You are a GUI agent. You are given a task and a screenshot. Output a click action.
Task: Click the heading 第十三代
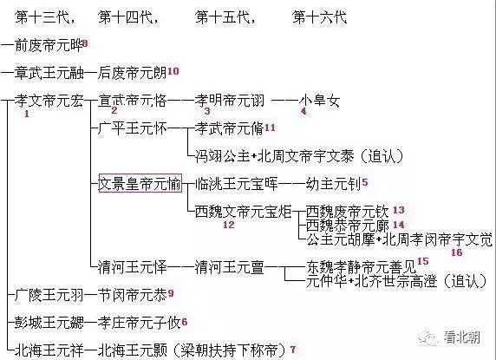pyautogui.click(x=42, y=17)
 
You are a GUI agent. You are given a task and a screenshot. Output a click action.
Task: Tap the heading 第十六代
pyautogui.click(x=319, y=17)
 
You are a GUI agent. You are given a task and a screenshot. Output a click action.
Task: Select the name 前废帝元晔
pyautogui.click(x=49, y=45)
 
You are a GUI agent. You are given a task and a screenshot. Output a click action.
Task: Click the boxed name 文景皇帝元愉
pyautogui.click(x=140, y=183)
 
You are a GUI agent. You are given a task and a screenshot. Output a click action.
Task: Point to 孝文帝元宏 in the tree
pyautogui.click(x=49, y=101)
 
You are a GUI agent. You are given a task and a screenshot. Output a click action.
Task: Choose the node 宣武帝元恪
pyautogui.click(x=132, y=101)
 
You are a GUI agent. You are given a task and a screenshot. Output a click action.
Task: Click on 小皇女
pyautogui.click(x=319, y=101)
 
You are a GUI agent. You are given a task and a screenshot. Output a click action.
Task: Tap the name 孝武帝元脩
pyautogui.click(x=229, y=128)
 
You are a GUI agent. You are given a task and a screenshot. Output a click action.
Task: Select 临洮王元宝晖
pyautogui.click(x=237, y=184)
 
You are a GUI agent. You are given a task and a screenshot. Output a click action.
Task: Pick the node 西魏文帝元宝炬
pyautogui.click(x=243, y=212)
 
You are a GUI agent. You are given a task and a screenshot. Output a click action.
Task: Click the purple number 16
pyautogui.click(x=456, y=252)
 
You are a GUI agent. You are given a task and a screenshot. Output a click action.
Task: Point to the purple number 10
pyautogui.click(x=173, y=71)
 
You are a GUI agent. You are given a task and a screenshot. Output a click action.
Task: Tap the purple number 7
pyautogui.click(x=293, y=350)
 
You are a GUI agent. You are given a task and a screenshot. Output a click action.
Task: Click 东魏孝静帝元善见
pyautogui.click(x=362, y=267)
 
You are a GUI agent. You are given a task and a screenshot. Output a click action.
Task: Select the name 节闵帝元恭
pyautogui.click(x=132, y=295)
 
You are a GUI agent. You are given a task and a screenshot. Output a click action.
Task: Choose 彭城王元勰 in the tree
pyautogui.click(x=49, y=323)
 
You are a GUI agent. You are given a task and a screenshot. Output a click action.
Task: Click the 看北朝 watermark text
pyautogui.click(x=462, y=337)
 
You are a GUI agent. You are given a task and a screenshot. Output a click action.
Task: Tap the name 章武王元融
pyautogui.click(x=49, y=73)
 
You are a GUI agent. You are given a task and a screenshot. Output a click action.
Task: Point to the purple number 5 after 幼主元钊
pyautogui.click(x=365, y=182)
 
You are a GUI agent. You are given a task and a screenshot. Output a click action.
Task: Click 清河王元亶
pyautogui.click(x=229, y=267)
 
